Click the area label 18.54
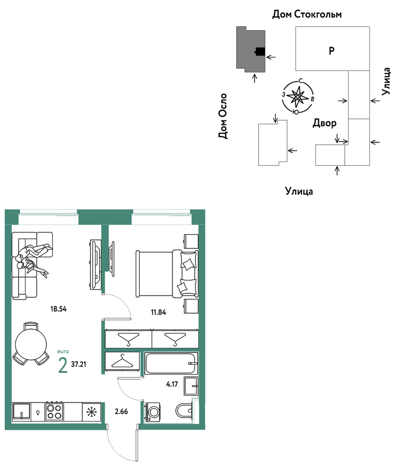(58, 309)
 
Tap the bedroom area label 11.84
(158, 312)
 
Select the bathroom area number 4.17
(172, 384)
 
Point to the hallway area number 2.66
(122, 412)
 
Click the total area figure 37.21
(79, 365)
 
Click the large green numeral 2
(63, 365)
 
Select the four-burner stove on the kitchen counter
(54, 412)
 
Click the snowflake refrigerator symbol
(91, 412)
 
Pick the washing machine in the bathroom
(153, 412)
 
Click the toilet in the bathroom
(184, 411)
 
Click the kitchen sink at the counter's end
(22, 412)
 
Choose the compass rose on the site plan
(298, 97)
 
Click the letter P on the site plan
(331, 51)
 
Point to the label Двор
(324, 123)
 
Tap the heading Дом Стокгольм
(307, 14)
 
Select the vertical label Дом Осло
(223, 116)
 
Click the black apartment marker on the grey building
(260, 52)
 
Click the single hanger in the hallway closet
(122, 361)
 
